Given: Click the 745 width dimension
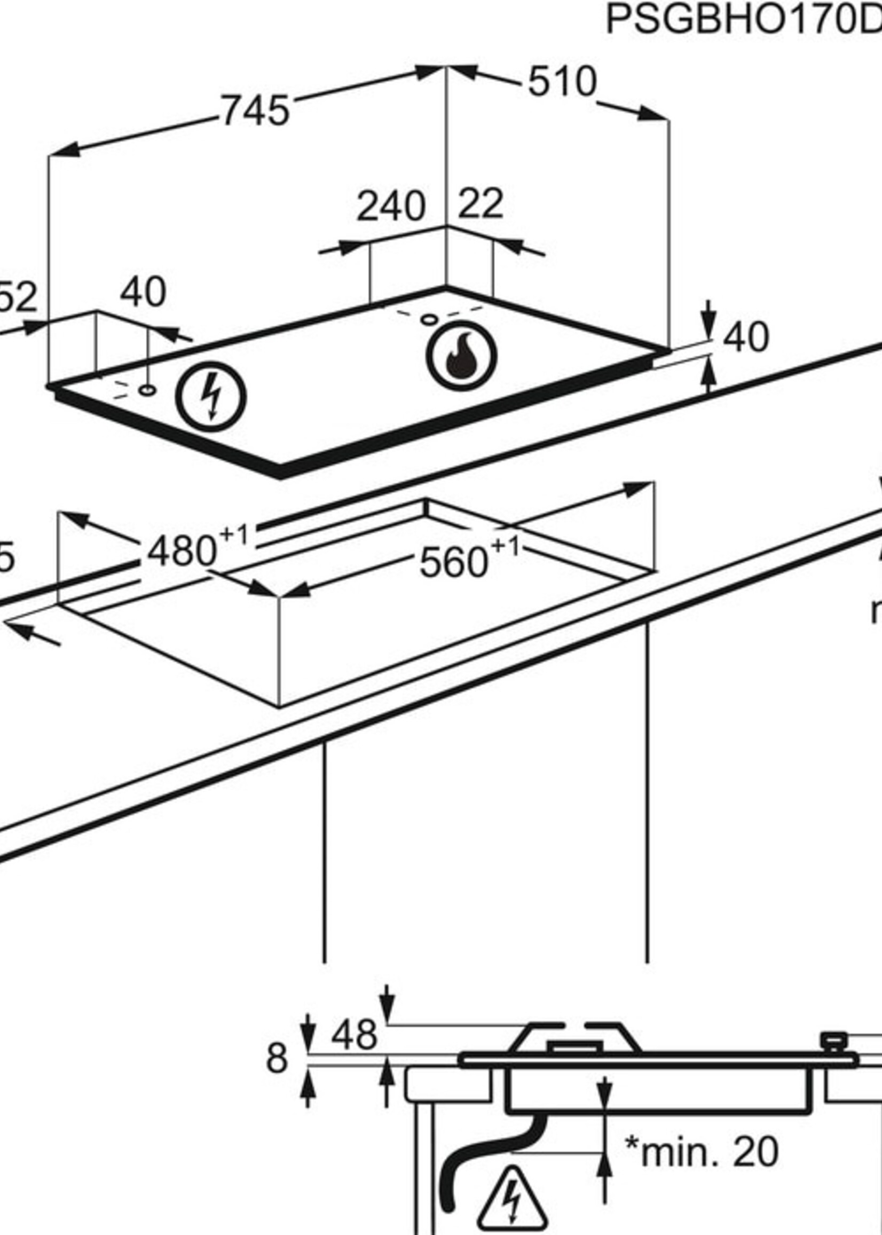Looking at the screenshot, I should click(255, 111).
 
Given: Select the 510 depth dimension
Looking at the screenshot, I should click(562, 82).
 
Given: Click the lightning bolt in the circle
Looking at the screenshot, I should click(211, 397).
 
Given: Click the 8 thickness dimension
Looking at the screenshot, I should click(277, 1059).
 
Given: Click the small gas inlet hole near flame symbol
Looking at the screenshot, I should click(429, 319).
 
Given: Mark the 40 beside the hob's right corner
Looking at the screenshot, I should click(746, 337).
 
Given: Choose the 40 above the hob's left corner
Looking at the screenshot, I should click(143, 292).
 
